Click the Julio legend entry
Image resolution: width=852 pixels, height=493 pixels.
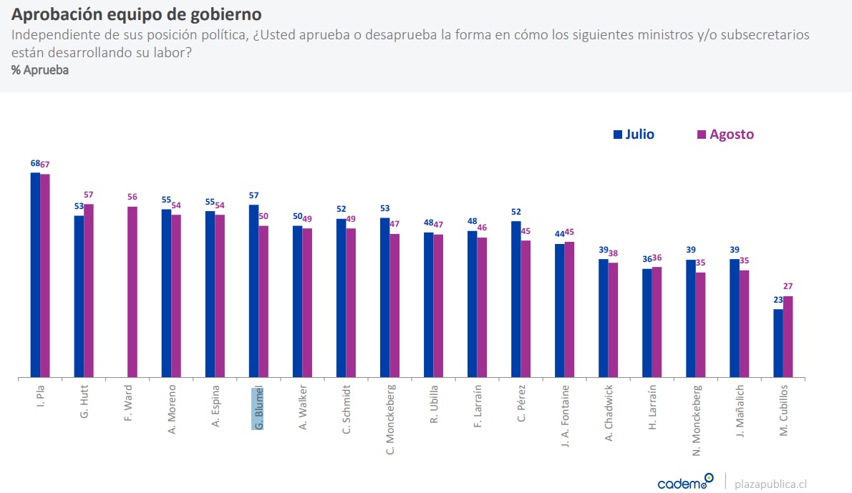click(634, 135)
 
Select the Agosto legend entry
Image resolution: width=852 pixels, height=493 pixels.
click(725, 135)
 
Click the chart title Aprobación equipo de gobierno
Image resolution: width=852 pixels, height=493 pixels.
click(136, 14)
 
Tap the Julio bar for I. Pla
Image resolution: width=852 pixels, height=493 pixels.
click(35, 275)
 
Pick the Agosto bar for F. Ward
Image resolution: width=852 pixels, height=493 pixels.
click(132, 292)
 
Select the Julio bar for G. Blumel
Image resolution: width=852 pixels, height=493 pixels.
click(253, 291)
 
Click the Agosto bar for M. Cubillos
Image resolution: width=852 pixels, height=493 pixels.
click(788, 336)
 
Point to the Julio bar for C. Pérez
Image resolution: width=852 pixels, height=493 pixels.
click(515, 299)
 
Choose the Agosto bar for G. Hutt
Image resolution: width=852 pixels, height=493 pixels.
click(89, 291)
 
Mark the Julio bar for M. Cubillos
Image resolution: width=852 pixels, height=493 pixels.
click(778, 343)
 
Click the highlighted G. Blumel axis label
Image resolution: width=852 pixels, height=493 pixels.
click(258, 408)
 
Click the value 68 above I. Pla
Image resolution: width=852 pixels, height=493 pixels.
click(35, 163)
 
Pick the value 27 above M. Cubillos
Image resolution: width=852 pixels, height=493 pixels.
click(788, 287)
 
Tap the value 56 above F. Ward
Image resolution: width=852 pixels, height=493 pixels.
click(132, 197)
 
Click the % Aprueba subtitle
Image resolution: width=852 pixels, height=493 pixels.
click(40, 70)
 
